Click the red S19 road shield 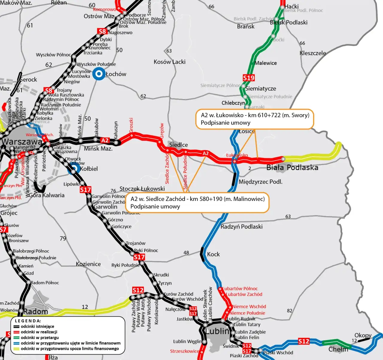pyautogui.click(x=249, y=78)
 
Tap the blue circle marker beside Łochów pyautogui.click(x=98, y=74)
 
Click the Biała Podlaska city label pyautogui.click(x=292, y=167)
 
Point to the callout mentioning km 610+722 pyautogui.click(x=255, y=119)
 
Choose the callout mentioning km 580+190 pyautogui.click(x=197, y=203)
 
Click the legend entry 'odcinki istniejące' pyautogui.click(x=37, y=327)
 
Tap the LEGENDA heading pyautogui.click(x=28, y=321)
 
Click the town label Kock pyautogui.click(x=213, y=254)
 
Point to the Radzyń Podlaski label pyautogui.click(x=241, y=227)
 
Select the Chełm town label pyautogui.click(x=338, y=349)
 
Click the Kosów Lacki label pyautogui.click(x=169, y=62)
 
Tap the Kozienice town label pyautogui.click(x=88, y=264)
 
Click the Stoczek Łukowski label pyautogui.click(x=142, y=189)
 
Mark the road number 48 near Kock pyautogui.click(x=186, y=253)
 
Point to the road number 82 pyautogui.click(x=289, y=311)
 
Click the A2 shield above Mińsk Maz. pyautogui.click(x=105, y=140)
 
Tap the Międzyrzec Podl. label pyautogui.click(x=260, y=182)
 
